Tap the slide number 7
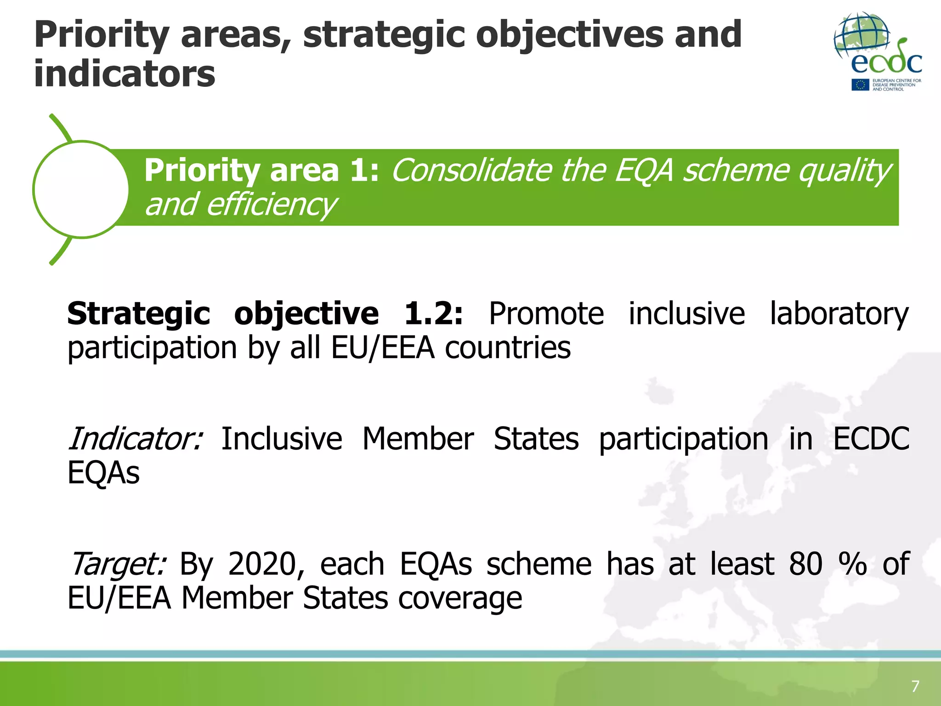click(x=915, y=686)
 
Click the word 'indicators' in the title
click(x=125, y=74)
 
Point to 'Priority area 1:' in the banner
click(x=261, y=171)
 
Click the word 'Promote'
click(x=546, y=314)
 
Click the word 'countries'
click(x=508, y=348)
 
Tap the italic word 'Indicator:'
click(x=135, y=439)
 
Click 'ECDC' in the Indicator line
click(x=871, y=439)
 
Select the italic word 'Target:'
click(x=117, y=564)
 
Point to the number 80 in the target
click(x=805, y=564)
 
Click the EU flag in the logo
click(x=860, y=85)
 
